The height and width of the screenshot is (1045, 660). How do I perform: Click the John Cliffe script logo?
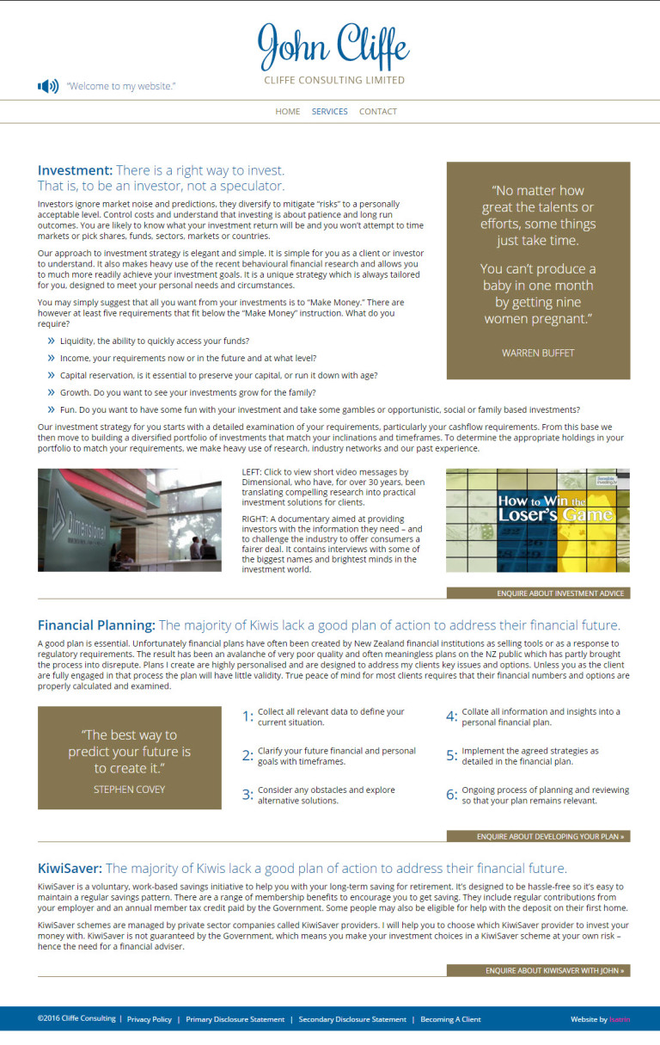point(333,46)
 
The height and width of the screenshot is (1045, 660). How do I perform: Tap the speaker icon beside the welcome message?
point(48,86)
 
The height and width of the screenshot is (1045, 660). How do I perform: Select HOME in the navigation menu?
point(288,112)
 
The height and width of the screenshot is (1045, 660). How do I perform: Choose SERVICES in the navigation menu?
point(330,112)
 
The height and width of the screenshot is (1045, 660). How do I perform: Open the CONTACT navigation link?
point(378,112)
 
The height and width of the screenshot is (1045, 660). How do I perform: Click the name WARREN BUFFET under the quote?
point(538,353)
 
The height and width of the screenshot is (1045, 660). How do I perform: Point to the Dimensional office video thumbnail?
point(130,520)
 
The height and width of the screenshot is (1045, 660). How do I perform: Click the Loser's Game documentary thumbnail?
point(538,520)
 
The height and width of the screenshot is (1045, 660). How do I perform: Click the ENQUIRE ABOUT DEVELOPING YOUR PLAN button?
point(538,836)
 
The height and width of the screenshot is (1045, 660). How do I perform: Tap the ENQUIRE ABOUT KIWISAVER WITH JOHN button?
point(538,970)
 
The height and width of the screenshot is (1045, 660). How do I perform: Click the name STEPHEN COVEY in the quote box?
point(129,789)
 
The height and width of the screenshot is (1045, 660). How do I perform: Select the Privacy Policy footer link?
point(150,1019)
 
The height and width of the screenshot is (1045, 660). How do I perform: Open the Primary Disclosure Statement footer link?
point(235,1019)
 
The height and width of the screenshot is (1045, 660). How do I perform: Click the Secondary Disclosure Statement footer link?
point(352,1019)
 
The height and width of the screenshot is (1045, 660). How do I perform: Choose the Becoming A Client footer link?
point(450,1019)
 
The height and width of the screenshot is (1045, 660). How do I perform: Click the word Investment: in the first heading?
point(75,170)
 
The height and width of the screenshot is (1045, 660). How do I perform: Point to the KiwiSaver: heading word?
point(70,869)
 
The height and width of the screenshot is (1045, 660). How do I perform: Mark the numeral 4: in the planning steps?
point(451,716)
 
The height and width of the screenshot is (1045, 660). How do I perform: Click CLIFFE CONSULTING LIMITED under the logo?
point(334,81)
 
